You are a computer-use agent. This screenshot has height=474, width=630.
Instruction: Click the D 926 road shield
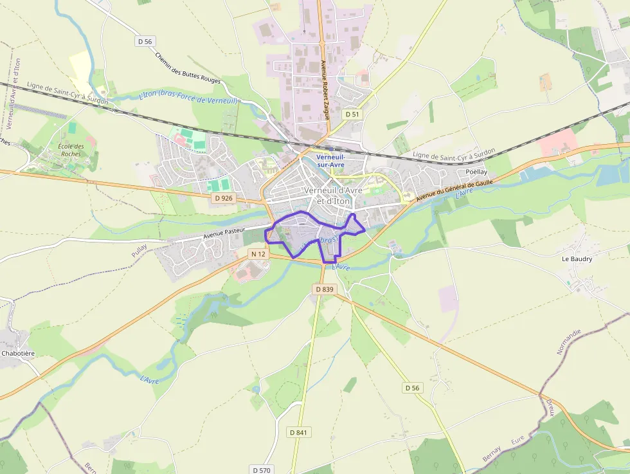[222, 198]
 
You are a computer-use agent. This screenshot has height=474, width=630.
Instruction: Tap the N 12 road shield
[258, 254]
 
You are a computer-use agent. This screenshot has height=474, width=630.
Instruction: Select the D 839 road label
[325, 289]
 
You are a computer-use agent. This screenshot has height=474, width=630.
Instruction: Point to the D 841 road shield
[298, 432]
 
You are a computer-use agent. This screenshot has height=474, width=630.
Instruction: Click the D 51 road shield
[351, 114]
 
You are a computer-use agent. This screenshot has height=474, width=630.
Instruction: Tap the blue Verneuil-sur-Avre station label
[331, 161]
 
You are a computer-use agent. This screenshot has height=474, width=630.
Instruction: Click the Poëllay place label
[476, 173]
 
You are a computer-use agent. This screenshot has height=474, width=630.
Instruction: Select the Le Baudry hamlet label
[577, 259]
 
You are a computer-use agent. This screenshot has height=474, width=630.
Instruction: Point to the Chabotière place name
[17, 353]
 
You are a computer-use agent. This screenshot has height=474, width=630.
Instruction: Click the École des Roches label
[71, 150]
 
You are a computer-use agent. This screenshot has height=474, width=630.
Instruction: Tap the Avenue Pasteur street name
[224, 233]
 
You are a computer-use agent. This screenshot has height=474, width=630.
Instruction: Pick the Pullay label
[139, 250]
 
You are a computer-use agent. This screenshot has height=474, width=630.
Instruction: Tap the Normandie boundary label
[569, 342]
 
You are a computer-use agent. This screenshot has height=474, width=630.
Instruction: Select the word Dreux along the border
[550, 407]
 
